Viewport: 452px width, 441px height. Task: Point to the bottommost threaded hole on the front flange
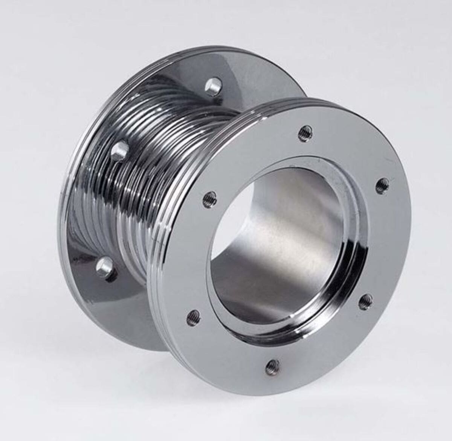coord(272,365)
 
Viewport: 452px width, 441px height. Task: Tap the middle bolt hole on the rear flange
coord(119,151)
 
